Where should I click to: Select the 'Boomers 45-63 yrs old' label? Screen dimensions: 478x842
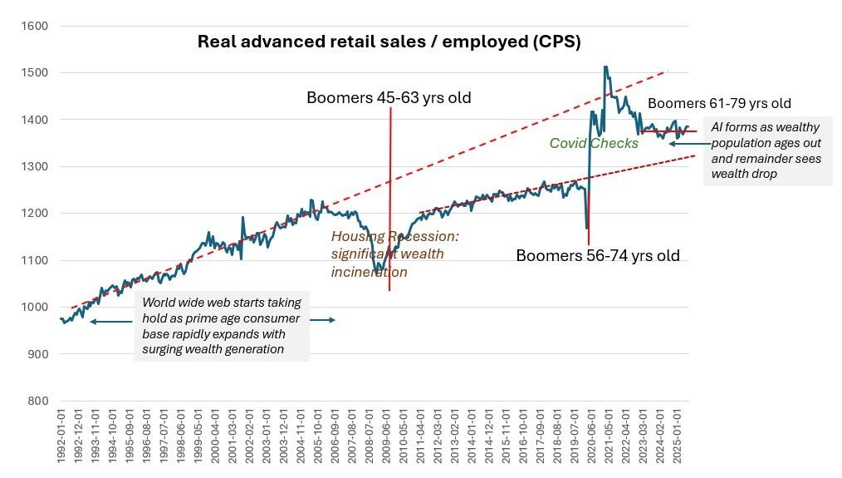pos(389,98)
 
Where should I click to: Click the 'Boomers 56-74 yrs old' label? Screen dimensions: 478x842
pos(597,255)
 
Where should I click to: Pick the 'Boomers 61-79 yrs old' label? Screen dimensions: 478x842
pos(719,104)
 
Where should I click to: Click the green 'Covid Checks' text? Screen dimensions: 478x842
pos(594,144)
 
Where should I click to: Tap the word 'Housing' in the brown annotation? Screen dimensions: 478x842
pos(358,237)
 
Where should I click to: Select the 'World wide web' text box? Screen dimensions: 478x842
pos(223,326)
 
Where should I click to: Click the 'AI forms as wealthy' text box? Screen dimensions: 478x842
pos(766,150)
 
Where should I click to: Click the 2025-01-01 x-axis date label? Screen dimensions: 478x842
pos(678,445)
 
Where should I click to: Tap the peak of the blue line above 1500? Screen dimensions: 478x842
pos(605,67)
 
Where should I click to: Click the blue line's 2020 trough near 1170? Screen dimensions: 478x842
pos(587,227)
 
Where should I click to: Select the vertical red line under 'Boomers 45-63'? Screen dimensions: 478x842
pos(389,200)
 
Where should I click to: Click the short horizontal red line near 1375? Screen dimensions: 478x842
pos(669,131)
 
